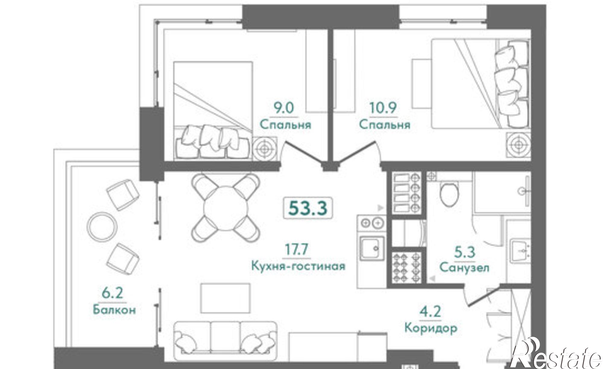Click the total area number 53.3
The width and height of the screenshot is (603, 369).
click(308, 208)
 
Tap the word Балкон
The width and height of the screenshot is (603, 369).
click(114, 310)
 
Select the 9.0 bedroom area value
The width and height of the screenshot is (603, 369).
click(283, 109)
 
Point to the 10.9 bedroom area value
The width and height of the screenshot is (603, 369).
click(383, 108)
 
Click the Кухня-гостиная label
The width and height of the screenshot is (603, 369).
click(298, 266)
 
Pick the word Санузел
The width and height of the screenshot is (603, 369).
click(464, 267)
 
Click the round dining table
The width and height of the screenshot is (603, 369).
click(226, 208)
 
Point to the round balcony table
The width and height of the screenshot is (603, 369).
click(102, 226)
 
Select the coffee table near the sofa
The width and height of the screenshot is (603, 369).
click(226, 298)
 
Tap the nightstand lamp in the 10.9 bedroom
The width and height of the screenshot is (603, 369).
click(518, 145)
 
